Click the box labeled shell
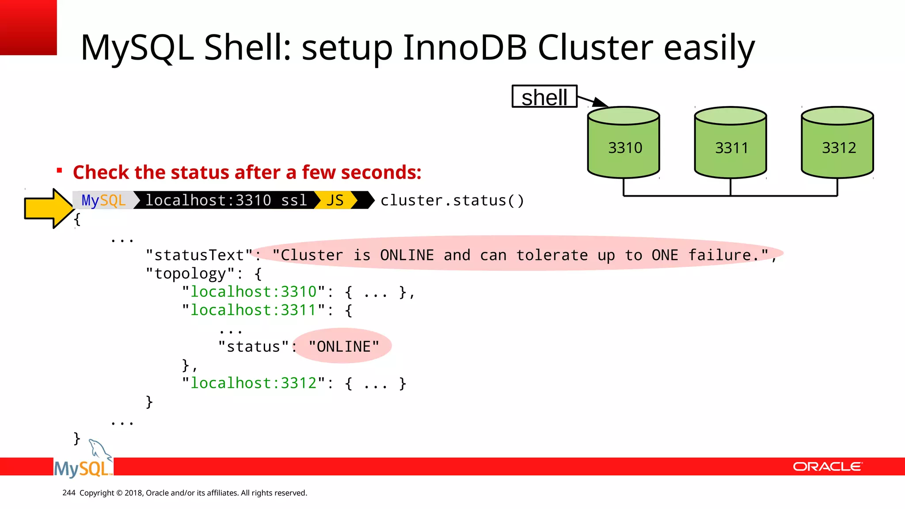(x=544, y=97)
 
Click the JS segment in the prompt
(x=335, y=200)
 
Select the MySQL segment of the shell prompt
(x=104, y=200)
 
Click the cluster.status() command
(x=452, y=201)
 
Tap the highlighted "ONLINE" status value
(x=344, y=346)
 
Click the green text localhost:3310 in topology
(x=254, y=292)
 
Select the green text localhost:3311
(x=254, y=310)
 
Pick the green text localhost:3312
(x=254, y=383)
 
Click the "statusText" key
(x=199, y=255)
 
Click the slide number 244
(x=69, y=493)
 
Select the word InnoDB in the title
(x=464, y=47)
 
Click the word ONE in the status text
(x=665, y=255)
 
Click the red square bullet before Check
(x=59, y=171)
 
